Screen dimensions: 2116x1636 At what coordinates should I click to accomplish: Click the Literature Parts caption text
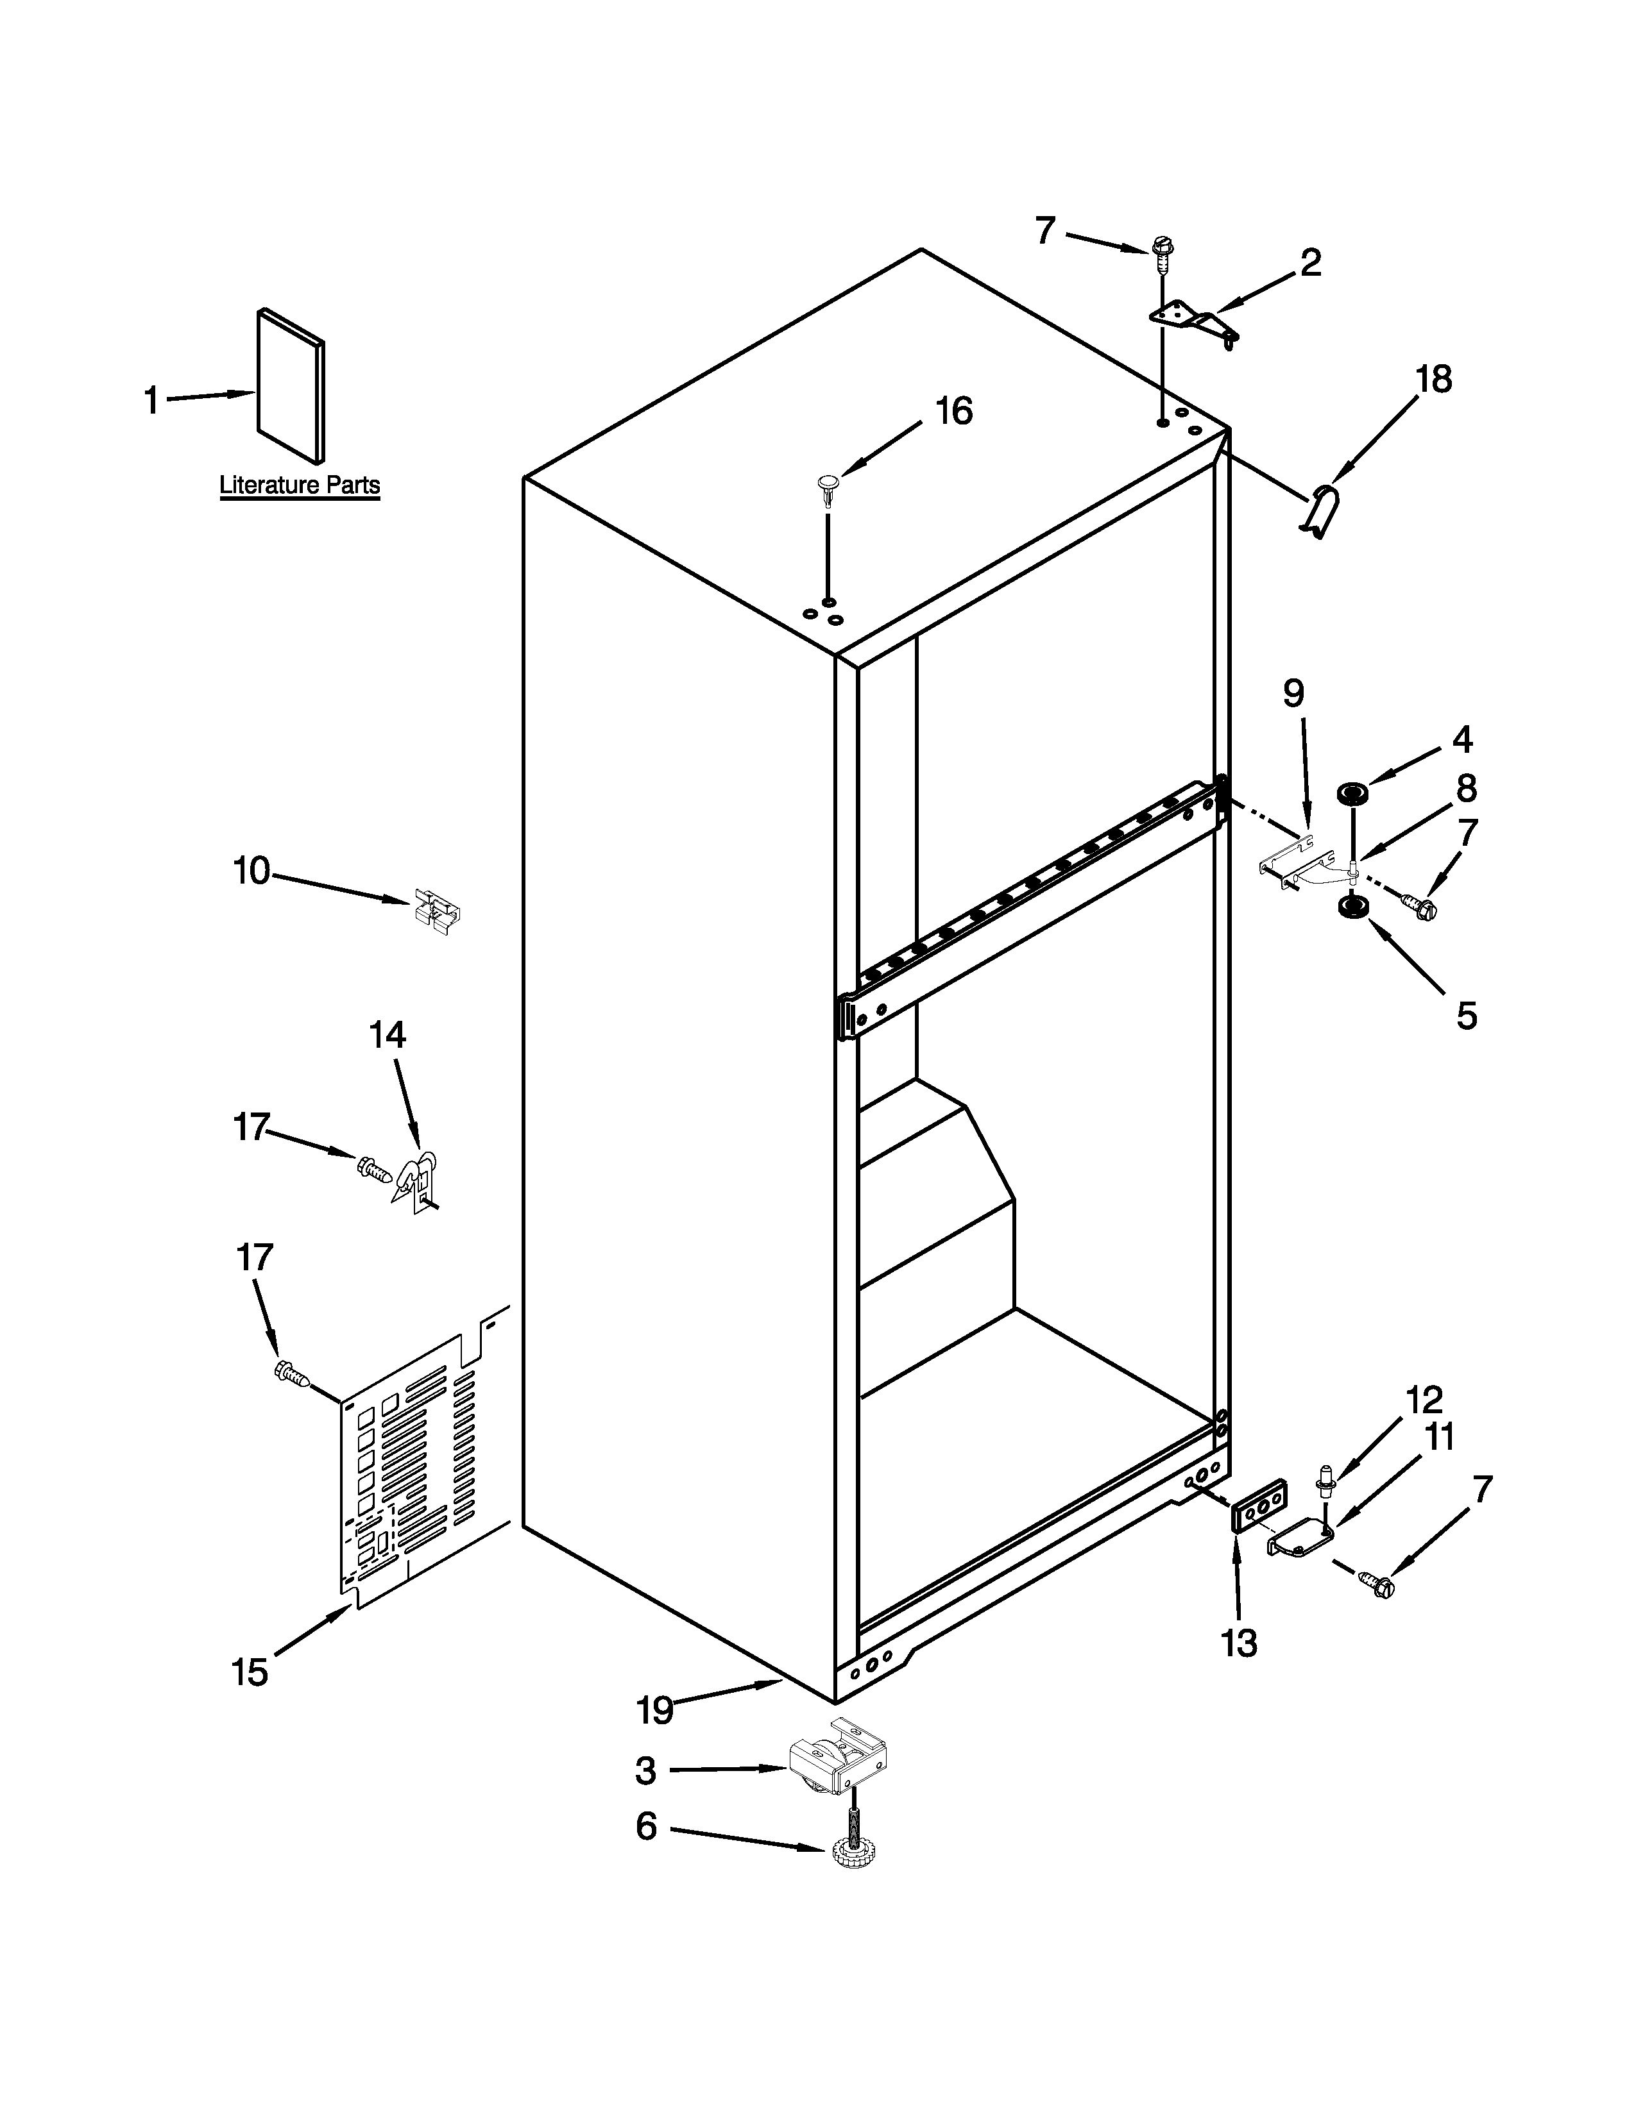coord(300,484)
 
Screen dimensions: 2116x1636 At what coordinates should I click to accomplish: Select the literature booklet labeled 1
coord(290,385)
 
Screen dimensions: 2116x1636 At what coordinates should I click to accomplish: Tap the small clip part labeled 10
coord(437,911)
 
